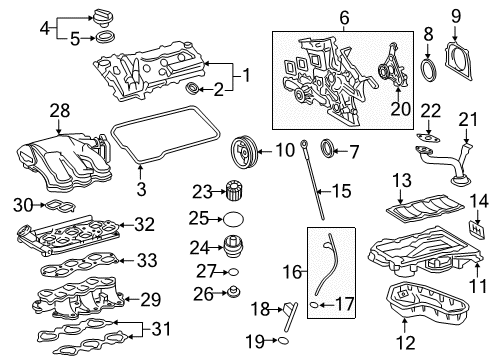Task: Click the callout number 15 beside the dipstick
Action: (x=343, y=189)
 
